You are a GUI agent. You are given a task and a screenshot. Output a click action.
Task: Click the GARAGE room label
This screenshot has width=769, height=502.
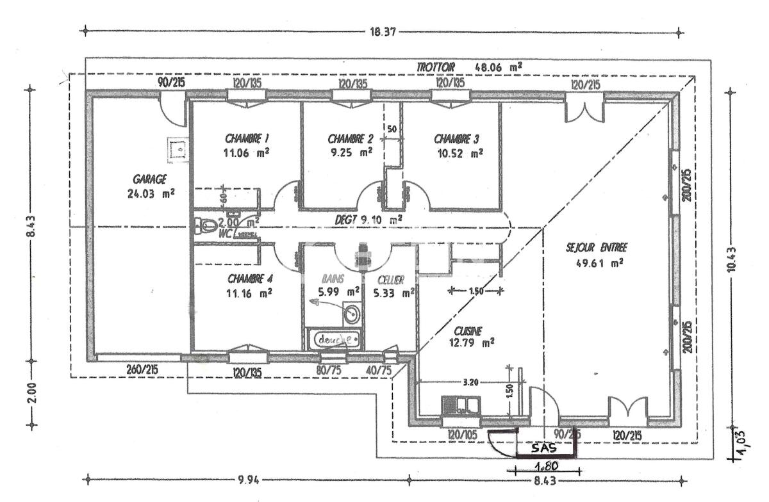coord(150,179)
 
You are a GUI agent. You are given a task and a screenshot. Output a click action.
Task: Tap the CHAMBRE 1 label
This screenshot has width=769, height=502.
coord(247,138)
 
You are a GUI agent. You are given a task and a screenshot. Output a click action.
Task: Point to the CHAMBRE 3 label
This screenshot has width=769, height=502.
coord(457,138)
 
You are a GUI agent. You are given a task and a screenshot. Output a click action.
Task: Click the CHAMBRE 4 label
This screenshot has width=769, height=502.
coord(250,279)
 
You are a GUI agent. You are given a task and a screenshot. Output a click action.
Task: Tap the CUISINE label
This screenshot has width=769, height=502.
coord(467,330)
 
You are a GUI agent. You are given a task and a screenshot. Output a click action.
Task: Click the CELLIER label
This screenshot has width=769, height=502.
coord(390,279)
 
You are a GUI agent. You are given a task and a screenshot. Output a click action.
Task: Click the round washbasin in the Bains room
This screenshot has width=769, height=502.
coord(351,314)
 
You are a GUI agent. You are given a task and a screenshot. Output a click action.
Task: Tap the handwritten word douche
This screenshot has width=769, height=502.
coord(334,339)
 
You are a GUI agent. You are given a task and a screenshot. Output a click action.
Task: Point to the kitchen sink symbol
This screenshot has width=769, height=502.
coord(461,406)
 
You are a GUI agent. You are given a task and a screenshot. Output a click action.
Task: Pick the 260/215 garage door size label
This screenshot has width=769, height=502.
coord(142,369)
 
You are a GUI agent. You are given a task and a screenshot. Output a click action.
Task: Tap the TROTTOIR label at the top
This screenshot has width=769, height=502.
coord(435,67)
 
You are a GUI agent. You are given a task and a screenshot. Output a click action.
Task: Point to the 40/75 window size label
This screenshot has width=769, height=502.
coord(379,369)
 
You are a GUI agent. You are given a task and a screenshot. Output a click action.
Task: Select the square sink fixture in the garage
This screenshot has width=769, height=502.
coord(176,149)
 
